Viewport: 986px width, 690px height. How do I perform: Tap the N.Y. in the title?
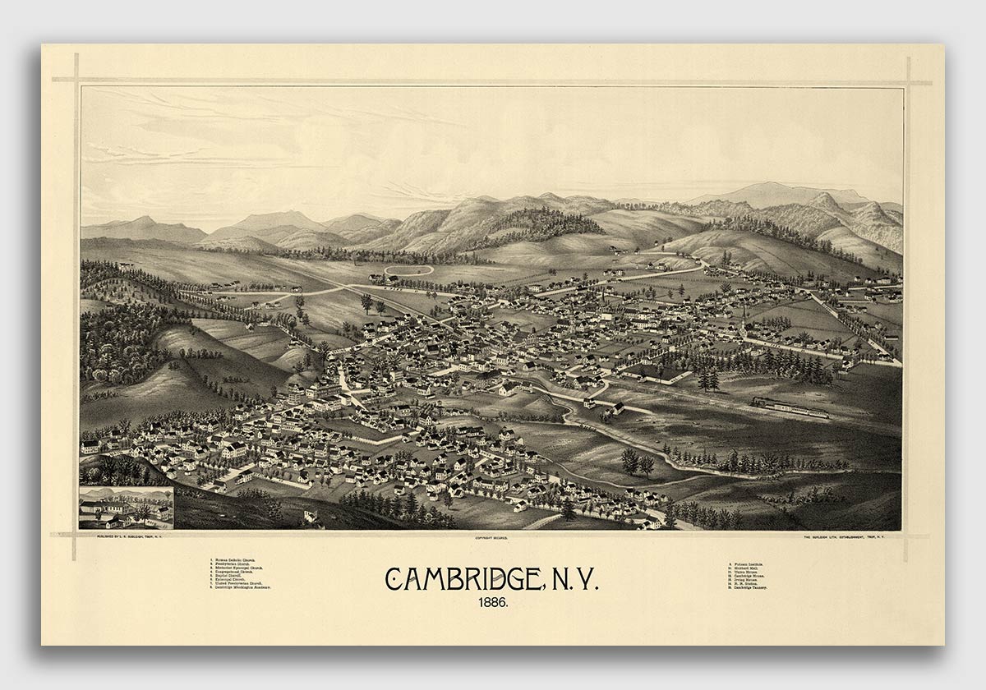[x=569, y=578]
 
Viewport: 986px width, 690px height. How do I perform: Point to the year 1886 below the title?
[x=492, y=602]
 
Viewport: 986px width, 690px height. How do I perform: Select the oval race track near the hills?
[x=408, y=269]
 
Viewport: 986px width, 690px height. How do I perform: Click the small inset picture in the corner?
[x=127, y=508]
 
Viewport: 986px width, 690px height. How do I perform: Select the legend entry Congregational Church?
[x=241, y=572]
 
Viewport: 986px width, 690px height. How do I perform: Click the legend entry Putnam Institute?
[x=749, y=564]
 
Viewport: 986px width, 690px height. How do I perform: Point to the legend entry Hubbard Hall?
[x=747, y=568]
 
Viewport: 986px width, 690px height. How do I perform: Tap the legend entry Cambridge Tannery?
[x=751, y=587]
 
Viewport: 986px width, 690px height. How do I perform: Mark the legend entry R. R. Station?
[x=747, y=583]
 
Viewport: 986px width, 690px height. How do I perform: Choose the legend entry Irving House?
[x=747, y=579]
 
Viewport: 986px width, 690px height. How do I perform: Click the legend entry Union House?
[x=747, y=573]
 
